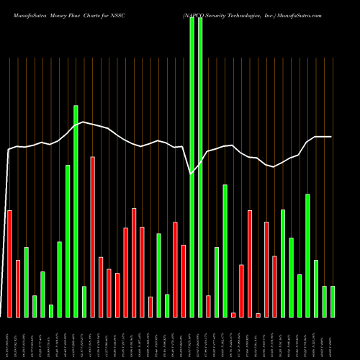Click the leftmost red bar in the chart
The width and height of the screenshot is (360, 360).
click(9, 263)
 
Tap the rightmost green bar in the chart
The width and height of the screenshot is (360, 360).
click(333, 301)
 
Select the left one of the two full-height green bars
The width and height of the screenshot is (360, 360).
click(192, 166)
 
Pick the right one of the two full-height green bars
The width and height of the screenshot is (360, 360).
click(200, 166)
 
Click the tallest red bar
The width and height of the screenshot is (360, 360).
click(92, 236)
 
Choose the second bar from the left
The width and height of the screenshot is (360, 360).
click(18, 288)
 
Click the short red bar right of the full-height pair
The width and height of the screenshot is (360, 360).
click(208, 306)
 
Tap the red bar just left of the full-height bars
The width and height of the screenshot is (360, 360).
click(184, 281)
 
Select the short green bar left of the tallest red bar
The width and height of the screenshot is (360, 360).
click(84, 301)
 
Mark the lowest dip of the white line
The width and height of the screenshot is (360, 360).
click(191, 174)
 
